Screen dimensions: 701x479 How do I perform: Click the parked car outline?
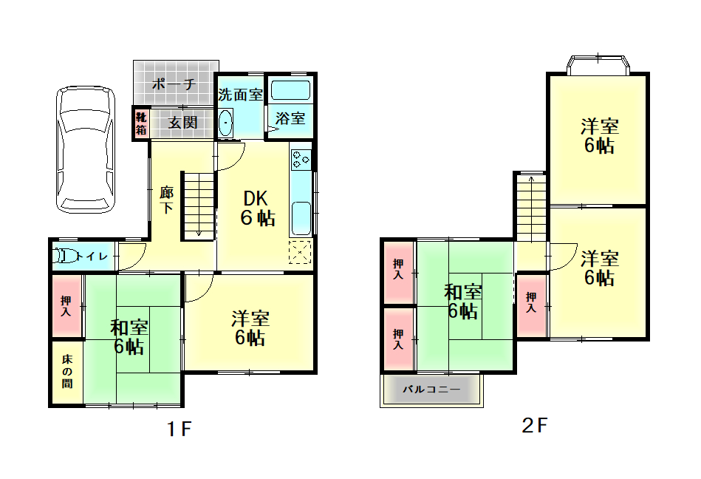(x=86, y=149)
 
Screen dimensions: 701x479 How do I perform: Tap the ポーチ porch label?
(x=174, y=84)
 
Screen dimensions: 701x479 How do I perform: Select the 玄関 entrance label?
(x=182, y=122)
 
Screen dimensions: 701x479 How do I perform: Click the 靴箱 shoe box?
(x=141, y=123)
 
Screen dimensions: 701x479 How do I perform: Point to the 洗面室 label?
(x=240, y=95)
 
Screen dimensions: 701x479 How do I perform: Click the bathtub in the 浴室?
(x=290, y=90)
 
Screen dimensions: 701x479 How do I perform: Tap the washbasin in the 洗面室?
(x=226, y=123)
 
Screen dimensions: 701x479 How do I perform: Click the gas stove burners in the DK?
(x=301, y=160)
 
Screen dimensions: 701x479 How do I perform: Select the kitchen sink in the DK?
(x=301, y=218)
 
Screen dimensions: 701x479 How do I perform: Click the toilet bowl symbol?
(x=64, y=256)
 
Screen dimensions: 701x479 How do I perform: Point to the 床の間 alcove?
(x=67, y=372)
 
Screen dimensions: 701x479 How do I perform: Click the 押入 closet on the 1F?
(x=66, y=306)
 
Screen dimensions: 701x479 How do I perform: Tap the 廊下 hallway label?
(x=166, y=200)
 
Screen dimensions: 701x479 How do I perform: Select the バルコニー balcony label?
(x=431, y=389)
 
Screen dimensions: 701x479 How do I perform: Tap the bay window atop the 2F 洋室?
(x=598, y=64)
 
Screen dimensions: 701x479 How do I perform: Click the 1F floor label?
(x=179, y=429)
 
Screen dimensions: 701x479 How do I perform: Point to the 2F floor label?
(x=534, y=425)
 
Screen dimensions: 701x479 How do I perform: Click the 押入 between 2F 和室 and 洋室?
(x=532, y=306)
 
